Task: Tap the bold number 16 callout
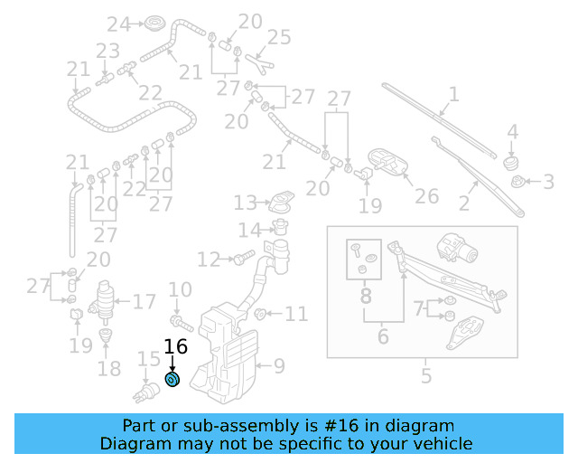click(175, 346)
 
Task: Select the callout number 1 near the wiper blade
click(453, 93)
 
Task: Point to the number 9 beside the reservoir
click(279, 366)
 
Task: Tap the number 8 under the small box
click(366, 296)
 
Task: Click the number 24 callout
click(118, 24)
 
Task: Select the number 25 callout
click(279, 37)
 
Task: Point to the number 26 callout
click(426, 196)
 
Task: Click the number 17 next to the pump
click(144, 302)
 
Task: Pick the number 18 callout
click(109, 369)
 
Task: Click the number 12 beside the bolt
click(209, 260)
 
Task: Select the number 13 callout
click(246, 203)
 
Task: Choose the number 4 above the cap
click(512, 132)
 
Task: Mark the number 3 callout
click(548, 183)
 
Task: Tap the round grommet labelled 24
click(154, 23)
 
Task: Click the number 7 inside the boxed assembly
click(418, 308)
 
